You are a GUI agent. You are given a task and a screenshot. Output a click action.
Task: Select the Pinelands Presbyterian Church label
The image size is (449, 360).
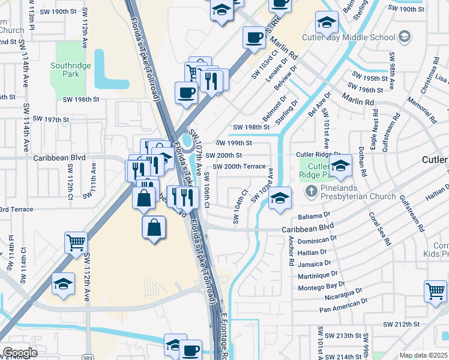(x=357, y=192)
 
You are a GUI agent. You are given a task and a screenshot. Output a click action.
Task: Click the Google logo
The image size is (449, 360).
(x=19, y=353)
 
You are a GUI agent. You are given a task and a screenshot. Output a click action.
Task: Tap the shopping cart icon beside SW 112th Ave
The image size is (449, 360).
(x=76, y=243)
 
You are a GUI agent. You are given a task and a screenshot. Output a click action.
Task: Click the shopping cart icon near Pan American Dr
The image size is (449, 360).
(x=435, y=291)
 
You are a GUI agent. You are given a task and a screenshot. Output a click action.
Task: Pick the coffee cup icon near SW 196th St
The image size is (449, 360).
(x=185, y=93)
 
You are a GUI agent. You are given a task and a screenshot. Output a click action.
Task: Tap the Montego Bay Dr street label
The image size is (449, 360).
(x=322, y=287)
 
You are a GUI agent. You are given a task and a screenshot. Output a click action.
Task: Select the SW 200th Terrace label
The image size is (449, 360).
(x=239, y=166)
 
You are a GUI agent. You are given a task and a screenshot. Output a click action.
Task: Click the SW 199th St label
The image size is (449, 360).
(x=234, y=143)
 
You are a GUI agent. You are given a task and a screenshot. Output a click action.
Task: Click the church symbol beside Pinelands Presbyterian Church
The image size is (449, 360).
(x=310, y=192)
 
